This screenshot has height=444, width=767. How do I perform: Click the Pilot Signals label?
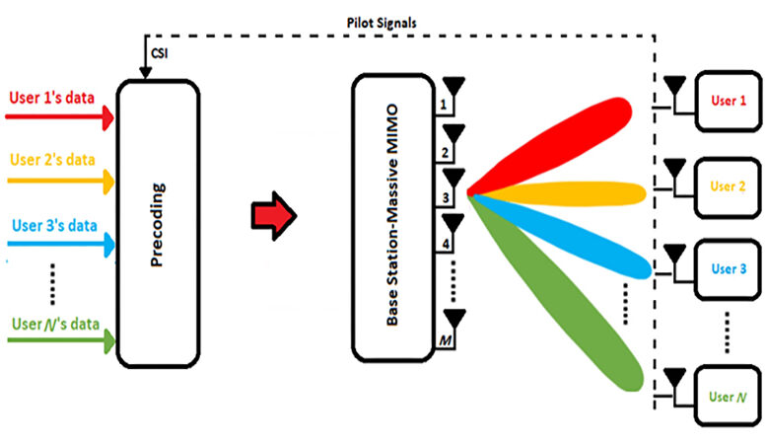click(382, 23)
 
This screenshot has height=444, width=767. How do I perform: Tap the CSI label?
click(160, 53)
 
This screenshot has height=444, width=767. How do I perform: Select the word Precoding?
click(158, 225)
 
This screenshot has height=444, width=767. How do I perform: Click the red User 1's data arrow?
click(59, 117)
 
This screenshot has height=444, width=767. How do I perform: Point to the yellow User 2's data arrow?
click(61, 181)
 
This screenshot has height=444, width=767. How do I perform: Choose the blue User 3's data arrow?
click(61, 244)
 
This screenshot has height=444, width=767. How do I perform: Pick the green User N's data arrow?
click(61, 340)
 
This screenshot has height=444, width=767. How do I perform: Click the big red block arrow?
click(274, 215)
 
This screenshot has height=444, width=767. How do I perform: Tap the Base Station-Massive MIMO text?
click(392, 215)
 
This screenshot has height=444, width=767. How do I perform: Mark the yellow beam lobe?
click(558, 193)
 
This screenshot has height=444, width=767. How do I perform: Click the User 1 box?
click(729, 102)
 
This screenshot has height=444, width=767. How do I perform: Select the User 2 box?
click(728, 187)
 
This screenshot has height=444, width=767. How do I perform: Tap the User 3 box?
click(728, 269)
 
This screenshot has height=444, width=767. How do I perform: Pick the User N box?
click(728, 396)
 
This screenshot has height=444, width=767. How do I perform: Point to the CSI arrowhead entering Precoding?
click(145, 73)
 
